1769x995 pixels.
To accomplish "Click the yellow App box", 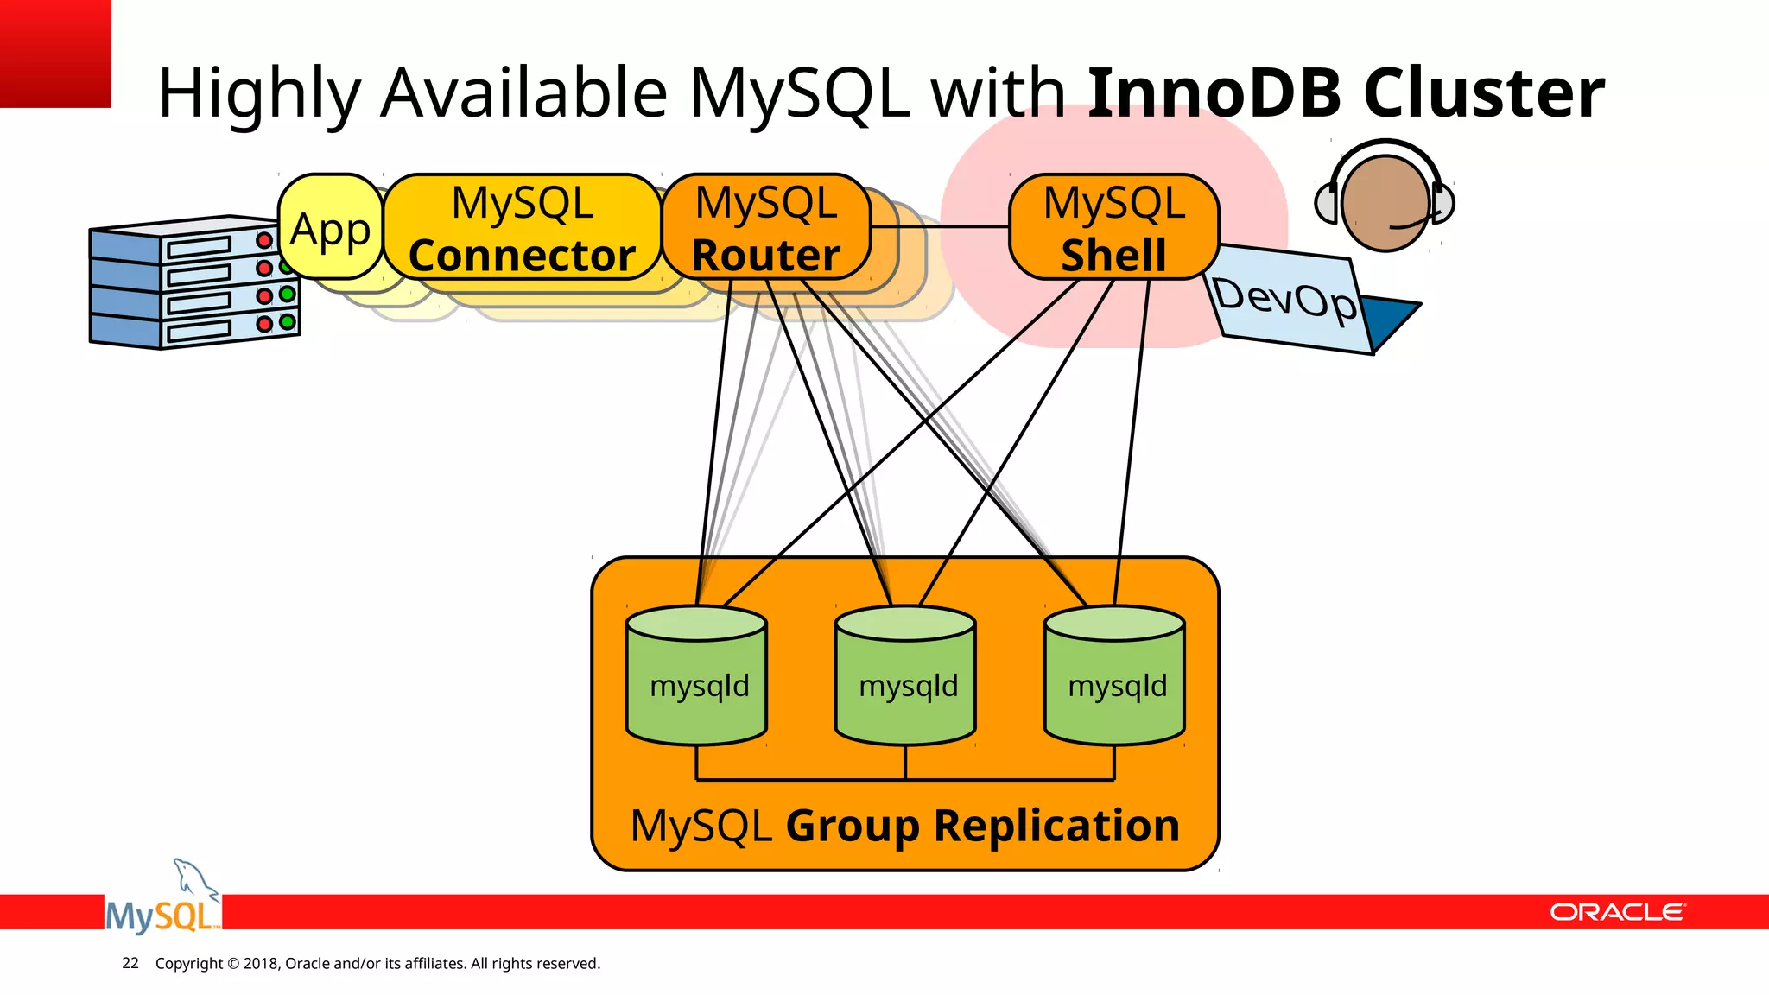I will (x=330, y=228).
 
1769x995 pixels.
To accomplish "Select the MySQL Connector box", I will (x=522, y=228).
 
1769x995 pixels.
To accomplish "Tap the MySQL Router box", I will (x=765, y=228).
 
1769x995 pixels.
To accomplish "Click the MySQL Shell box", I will (x=1113, y=228).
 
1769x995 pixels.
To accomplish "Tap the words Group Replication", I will (x=982, y=826).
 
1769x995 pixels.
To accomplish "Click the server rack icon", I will (x=194, y=283).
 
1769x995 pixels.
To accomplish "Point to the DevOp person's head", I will (x=1385, y=203).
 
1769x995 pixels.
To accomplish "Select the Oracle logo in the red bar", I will (x=1616, y=913).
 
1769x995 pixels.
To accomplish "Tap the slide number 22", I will (x=130, y=963).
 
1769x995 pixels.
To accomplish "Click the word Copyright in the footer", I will (x=188, y=963).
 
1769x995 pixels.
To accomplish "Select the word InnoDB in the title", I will (x=1214, y=92).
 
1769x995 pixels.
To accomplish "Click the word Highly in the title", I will (x=259, y=92).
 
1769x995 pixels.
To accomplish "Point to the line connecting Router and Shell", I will (x=940, y=226).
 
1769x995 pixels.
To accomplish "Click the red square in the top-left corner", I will (x=54, y=53).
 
